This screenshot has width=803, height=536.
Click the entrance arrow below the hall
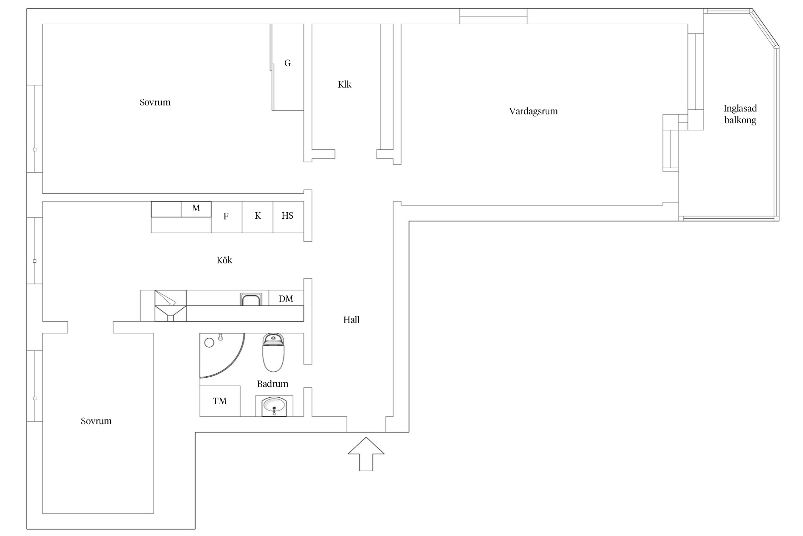pos(366,454)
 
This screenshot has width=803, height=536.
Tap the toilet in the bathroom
pos(273,353)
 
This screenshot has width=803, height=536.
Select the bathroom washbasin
pos(274,406)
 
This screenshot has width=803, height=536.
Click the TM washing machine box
pos(220,401)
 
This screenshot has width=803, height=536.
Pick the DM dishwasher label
pos(286,299)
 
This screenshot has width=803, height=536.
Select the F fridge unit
pos(227,217)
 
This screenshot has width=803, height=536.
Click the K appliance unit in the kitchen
pos(258,217)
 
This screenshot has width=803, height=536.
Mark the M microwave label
pos(196,208)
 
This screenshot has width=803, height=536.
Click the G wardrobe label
pos(287,63)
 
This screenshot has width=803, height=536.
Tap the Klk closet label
pos(345,84)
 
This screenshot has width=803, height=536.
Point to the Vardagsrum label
pos(533,111)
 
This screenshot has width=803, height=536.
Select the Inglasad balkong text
pos(740,114)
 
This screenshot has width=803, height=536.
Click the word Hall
pos(351,320)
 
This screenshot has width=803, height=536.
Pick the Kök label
pos(224,260)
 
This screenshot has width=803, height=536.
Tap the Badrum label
pos(272,384)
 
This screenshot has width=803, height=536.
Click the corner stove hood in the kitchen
pos(171,306)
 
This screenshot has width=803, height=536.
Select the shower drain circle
pos(209,343)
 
